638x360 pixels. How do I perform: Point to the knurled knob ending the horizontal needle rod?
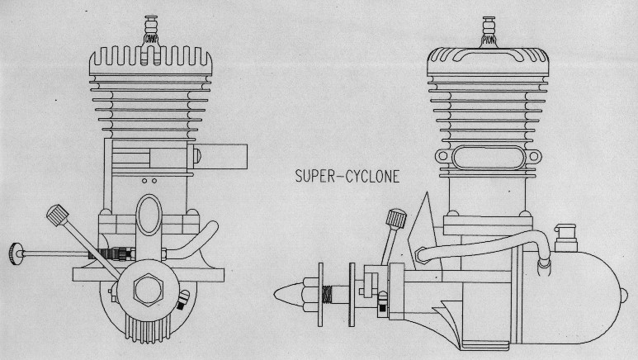pyautogui.click(x=17, y=250)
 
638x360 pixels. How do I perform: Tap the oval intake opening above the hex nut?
pyautogui.click(x=149, y=214)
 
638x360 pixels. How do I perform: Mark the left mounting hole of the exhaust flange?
pyautogui.click(x=444, y=156)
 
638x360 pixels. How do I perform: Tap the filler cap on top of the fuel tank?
pyautogui.click(x=566, y=236)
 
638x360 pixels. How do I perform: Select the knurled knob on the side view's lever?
pyautogui.click(x=396, y=220)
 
